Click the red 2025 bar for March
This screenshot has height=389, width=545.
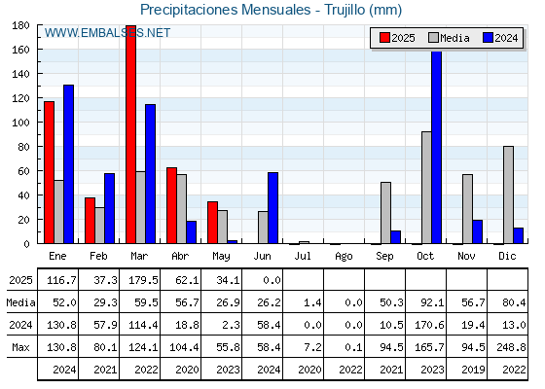click(130, 134)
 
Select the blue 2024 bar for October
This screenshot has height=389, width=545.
click(437, 147)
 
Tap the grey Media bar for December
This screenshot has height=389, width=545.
click(508, 194)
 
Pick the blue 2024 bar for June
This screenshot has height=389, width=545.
click(272, 208)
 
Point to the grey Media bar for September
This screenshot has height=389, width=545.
click(385, 213)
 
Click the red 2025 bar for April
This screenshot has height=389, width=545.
click(171, 205)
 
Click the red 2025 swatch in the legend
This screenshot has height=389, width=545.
click(384, 38)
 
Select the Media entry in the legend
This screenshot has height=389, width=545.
click(449, 38)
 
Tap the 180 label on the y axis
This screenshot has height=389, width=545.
click(20, 25)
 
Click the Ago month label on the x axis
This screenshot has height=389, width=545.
click(344, 257)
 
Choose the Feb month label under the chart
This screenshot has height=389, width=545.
click(98, 256)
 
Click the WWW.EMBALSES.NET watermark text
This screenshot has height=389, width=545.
click(107, 33)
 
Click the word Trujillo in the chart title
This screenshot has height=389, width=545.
click(345, 10)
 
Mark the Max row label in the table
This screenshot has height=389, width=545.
click(20, 347)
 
